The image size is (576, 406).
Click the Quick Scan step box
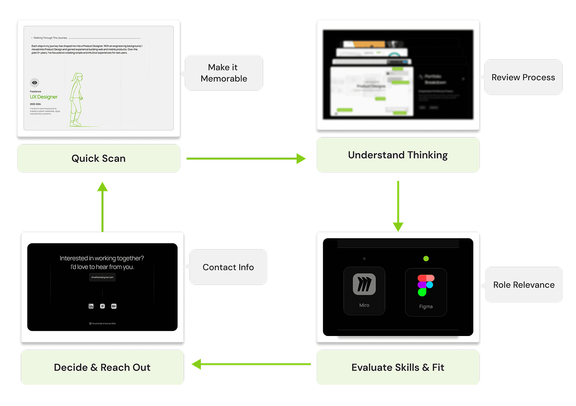pyautogui.click(x=99, y=158)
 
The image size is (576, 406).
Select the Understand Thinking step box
pyautogui.click(x=398, y=155)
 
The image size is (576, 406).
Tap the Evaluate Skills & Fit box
pyautogui.click(x=398, y=367)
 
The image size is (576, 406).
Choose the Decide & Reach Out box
pyautogui.click(x=102, y=367)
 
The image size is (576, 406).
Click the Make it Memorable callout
pyautogui.click(x=224, y=73)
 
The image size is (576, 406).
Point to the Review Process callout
pyautogui.click(x=523, y=77)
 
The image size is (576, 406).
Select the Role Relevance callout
pyautogui.click(x=524, y=285)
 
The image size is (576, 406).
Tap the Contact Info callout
pyautogui.click(x=228, y=267)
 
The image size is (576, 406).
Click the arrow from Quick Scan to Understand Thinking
pyautogui.click(x=245, y=158)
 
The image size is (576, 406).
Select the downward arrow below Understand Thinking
pyautogui.click(x=398, y=205)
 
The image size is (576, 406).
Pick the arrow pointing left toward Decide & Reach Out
pyautogui.click(x=251, y=364)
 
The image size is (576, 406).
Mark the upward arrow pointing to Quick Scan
pyautogui.click(x=102, y=207)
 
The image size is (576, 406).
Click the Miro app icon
pyautogui.click(x=364, y=284)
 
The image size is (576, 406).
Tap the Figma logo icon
pyautogui.click(x=425, y=285)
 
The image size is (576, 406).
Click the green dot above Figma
pyautogui.click(x=426, y=259)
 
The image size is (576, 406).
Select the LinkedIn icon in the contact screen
pyautogui.click(x=91, y=306)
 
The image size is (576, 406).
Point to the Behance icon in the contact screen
pyautogui.click(x=114, y=306)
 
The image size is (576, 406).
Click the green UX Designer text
pyautogui.click(x=44, y=97)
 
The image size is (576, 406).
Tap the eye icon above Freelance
pyautogui.click(x=34, y=83)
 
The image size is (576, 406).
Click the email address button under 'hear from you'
pyautogui.click(x=102, y=277)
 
